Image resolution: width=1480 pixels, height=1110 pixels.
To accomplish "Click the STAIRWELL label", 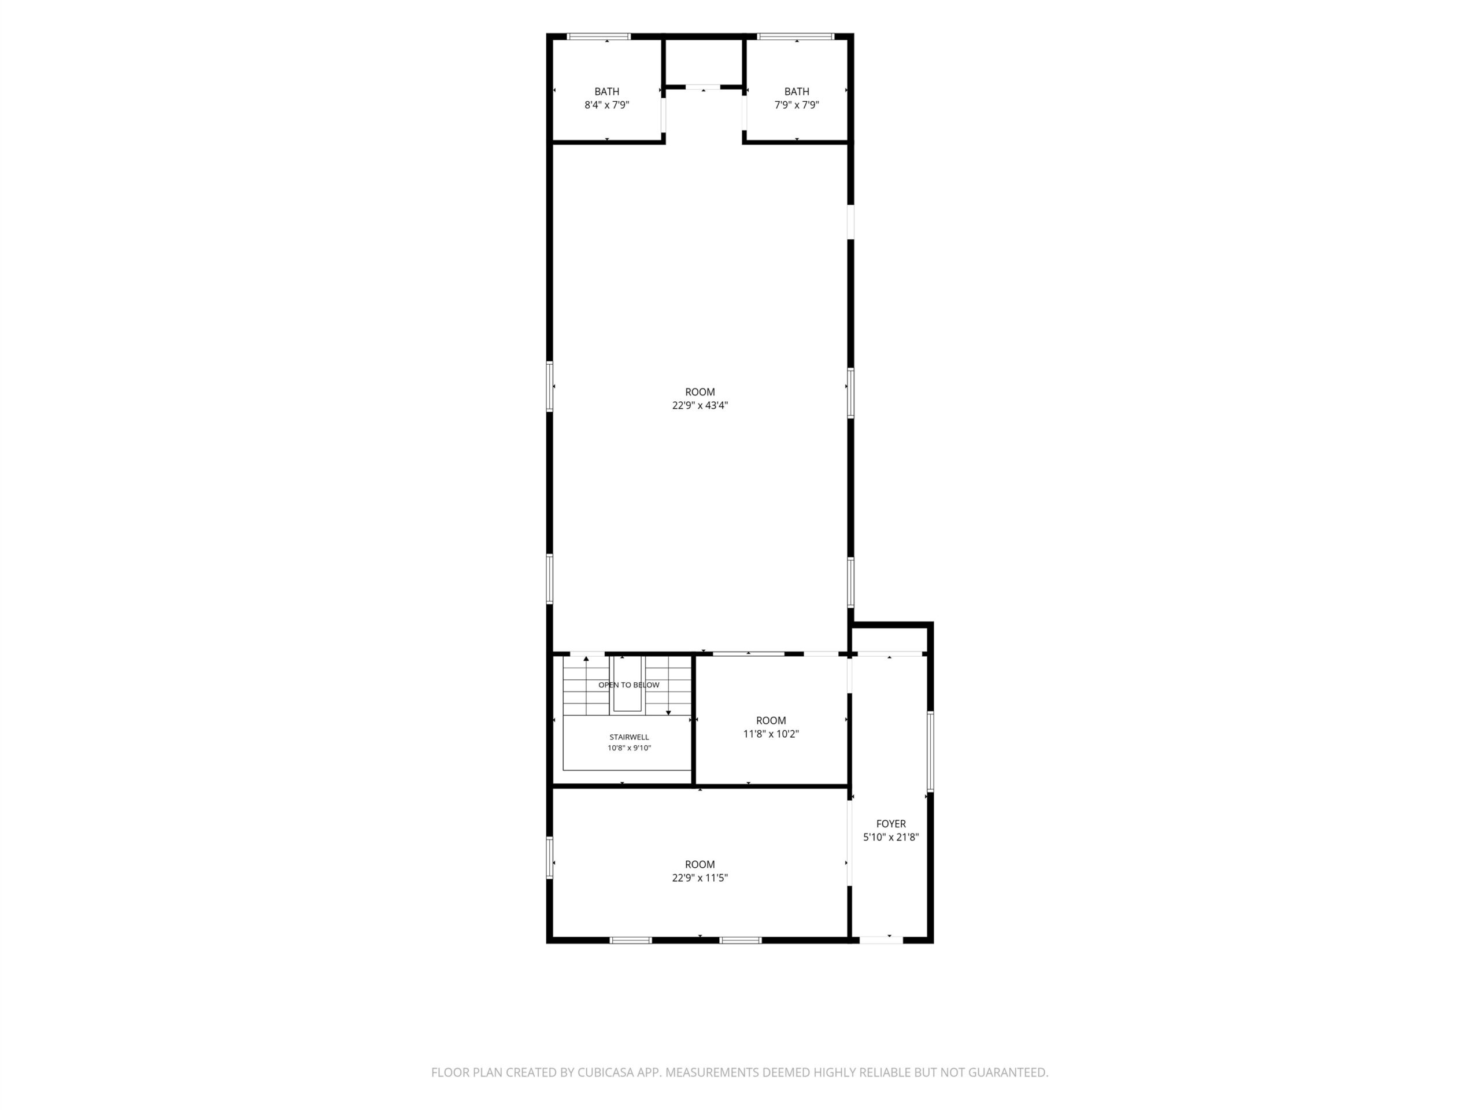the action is (x=629, y=737).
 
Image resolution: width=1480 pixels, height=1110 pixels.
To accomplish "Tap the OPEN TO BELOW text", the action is (x=629, y=685).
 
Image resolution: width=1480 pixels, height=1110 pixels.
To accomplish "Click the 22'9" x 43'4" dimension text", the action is (x=700, y=405).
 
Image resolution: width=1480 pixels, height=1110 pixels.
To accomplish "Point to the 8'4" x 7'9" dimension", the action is (x=607, y=105).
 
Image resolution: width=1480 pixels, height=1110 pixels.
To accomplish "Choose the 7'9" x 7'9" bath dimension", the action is (x=797, y=105).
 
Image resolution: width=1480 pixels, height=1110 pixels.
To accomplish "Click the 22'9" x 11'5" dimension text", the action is (x=700, y=878).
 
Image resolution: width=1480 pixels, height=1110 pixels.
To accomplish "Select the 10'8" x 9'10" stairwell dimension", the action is (x=629, y=748).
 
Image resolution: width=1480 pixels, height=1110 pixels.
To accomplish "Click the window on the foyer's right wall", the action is (x=930, y=752).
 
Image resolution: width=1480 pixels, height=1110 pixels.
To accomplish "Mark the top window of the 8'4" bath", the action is (x=599, y=36).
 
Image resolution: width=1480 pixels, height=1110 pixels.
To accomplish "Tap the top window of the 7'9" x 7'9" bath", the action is (x=795, y=36).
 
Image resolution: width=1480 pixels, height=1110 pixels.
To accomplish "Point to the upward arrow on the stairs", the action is (x=586, y=686).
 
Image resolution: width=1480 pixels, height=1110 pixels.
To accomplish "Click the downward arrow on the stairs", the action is (x=668, y=686).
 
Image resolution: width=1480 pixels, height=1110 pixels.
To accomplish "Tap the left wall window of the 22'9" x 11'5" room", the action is (x=550, y=858).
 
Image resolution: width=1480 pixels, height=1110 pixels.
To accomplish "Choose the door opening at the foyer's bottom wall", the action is (x=881, y=940).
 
